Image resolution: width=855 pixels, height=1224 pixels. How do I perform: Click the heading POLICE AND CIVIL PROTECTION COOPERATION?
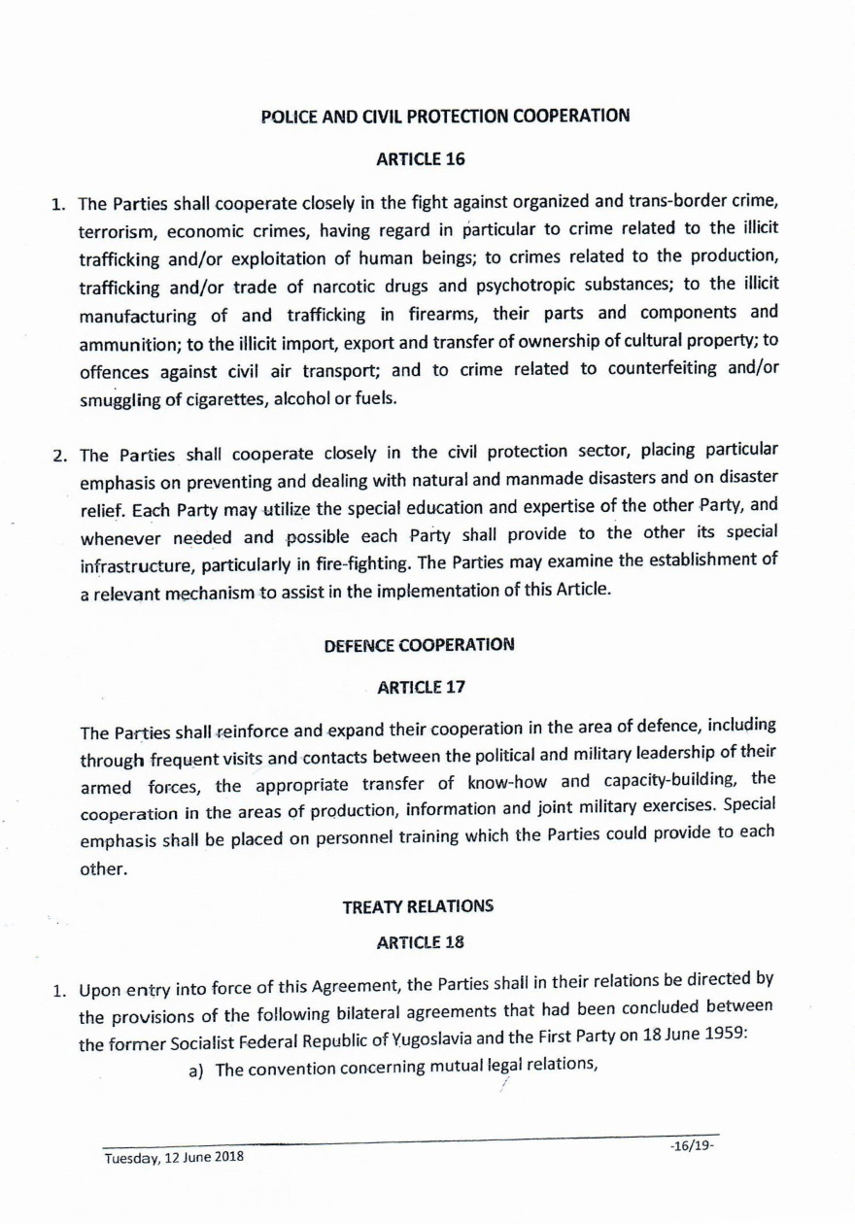(x=446, y=117)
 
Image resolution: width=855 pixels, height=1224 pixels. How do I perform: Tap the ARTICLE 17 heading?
(x=421, y=688)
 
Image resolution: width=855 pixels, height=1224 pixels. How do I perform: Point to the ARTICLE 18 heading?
(x=419, y=941)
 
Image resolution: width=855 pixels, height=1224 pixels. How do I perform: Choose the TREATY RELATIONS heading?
(x=418, y=906)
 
